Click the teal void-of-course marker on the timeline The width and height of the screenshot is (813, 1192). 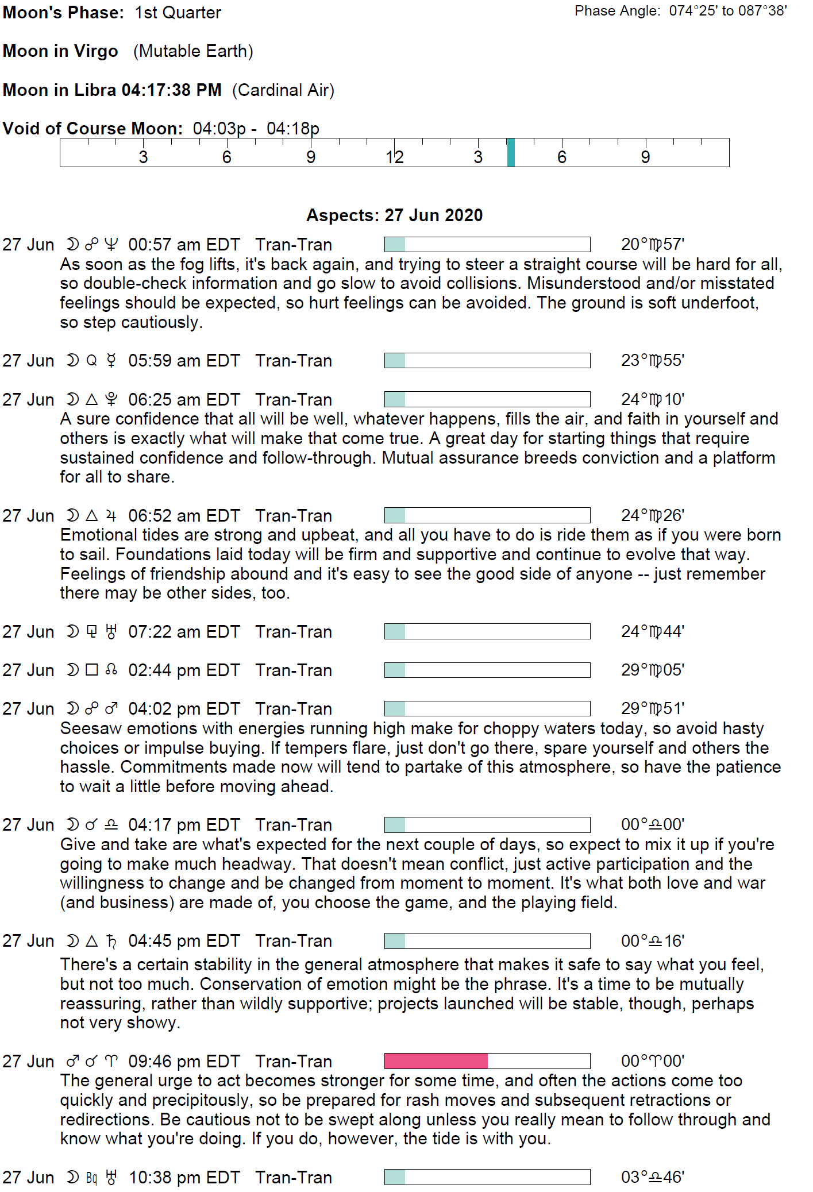(511, 153)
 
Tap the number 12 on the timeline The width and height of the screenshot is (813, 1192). (395, 157)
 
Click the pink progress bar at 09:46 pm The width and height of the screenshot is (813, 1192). (436, 1060)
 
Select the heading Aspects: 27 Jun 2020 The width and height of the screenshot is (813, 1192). (394, 215)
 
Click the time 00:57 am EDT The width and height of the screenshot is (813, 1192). (184, 245)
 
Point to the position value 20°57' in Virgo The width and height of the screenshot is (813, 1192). (652, 245)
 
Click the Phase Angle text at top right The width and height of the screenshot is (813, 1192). (680, 11)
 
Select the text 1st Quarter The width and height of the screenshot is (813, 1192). (178, 13)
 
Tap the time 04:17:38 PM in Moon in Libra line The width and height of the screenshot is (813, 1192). (171, 90)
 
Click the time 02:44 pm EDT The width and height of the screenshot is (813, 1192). (184, 670)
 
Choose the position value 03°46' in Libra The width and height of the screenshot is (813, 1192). (652, 1177)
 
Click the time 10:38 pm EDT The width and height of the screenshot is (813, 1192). (184, 1178)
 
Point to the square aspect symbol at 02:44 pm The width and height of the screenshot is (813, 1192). (91, 670)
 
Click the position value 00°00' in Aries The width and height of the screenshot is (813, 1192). (652, 1061)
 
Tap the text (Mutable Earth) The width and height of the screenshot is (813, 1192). (193, 51)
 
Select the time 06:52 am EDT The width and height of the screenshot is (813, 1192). (184, 516)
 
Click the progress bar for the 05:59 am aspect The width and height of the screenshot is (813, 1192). (487, 360)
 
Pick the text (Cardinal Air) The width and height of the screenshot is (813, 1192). (283, 90)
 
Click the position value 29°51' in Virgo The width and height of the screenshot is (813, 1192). (652, 709)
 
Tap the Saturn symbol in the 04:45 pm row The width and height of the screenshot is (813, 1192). (111, 941)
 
